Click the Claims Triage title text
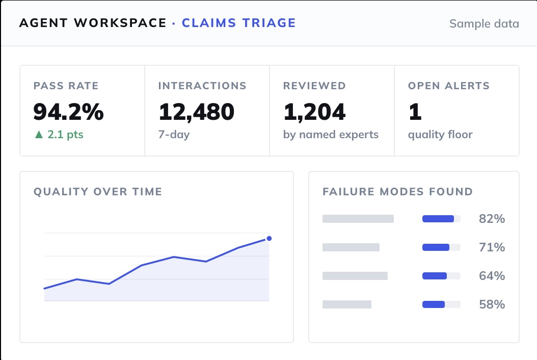(239, 23)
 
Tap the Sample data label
(484, 23)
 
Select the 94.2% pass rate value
(68, 112)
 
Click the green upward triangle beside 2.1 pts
(39, 135)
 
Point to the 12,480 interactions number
(197, 112)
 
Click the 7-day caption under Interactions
(174, 135)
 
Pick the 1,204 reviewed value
(314, 112)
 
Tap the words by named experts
(331, 135)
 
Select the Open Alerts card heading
(449, 86)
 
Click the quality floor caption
(440, 135)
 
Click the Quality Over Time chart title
(98, 191)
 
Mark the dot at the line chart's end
(269, 238)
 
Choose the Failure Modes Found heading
(397, 191)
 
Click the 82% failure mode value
(492, 219)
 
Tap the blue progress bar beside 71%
(436, 247)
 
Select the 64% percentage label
(492, 276)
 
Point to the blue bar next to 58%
(434, 304)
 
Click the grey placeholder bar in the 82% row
(358, 219)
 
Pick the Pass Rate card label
(66, 86)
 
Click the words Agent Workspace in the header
(93, 23)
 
